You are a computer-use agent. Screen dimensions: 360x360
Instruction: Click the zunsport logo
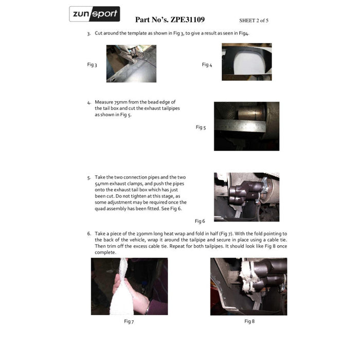pyautogui.click(x=95, y=14)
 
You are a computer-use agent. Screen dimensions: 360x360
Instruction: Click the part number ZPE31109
pyautogui.click(x=184, y=20)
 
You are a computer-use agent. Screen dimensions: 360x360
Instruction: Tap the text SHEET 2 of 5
pyautogui.click(x=254, y=21)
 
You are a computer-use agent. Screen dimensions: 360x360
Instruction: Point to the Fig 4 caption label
pyautogui.click(x=207, y=65)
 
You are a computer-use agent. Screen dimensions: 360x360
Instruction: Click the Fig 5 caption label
pyautogui.click(x=201, y=127)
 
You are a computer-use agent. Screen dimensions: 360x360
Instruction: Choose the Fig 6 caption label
pyautogui.click(x=200, y=221)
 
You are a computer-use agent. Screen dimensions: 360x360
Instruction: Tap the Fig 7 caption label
pyautogui.click(x=129, y=321)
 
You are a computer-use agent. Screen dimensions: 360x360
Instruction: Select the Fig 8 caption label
pyautogui.click(x=249, y=321)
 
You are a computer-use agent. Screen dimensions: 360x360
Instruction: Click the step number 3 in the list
pyautogui.click(x=88, y=33)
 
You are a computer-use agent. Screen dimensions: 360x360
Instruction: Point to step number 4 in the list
pyautogui.click(x=88, y=102)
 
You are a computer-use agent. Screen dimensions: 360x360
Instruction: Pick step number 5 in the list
pyautogui.click(x=88, y=178)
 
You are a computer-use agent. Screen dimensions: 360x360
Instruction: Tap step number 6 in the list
pyautogui.click(x=88, y=233)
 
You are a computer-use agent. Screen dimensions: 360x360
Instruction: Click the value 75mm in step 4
pyautogui.click(x=118, y=102)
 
